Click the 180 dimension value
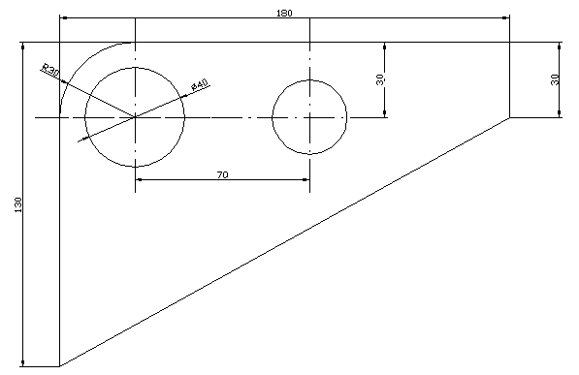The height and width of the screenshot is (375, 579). click(284, 14)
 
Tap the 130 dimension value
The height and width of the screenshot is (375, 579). click(18, 204)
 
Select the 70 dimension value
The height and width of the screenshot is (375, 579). click(222, 174)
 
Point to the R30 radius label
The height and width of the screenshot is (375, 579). click(50, 70)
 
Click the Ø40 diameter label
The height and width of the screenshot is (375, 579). click(200, 85)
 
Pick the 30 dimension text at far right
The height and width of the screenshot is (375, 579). click(555, 79)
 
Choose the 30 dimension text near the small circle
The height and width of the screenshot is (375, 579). click(380, 79)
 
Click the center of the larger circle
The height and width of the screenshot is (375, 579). click(135, 117)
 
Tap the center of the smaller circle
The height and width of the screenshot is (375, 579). click(309, 117)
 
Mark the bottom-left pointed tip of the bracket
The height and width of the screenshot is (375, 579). click(60, 366)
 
